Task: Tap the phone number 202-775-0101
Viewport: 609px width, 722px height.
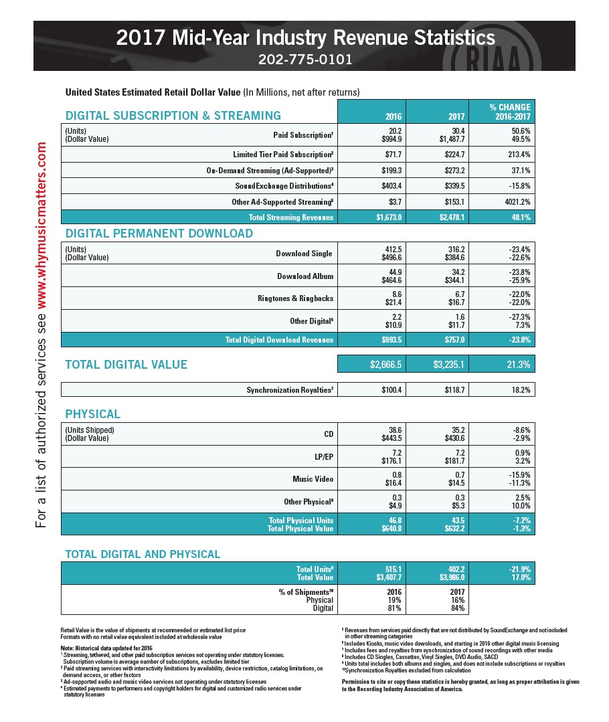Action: pos(304,59)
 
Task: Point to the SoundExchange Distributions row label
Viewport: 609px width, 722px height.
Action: pos(284,185)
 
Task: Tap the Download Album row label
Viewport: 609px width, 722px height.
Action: pos(304,276)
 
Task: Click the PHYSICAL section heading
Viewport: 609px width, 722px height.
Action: pos(92,414)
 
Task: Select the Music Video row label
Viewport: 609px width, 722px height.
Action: pos(313,479)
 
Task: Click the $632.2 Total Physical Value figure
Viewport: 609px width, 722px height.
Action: pos(452,529)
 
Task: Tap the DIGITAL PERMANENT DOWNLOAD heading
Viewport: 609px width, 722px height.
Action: pos(159,234)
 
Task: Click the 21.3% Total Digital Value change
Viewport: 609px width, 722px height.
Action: pos(515,365)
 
